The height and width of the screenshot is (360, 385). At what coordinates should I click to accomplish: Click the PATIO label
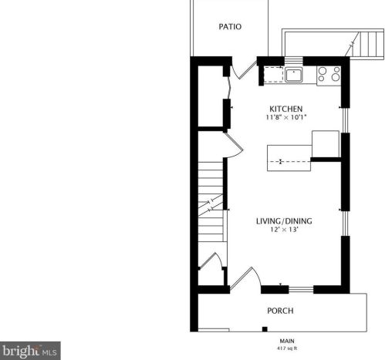click(230, 26)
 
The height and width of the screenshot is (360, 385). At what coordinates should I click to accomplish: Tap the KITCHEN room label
click(285, 108)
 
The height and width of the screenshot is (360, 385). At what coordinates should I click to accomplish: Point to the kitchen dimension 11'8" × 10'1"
click(285, 118)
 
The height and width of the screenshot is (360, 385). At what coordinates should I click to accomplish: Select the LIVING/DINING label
click(284, 221)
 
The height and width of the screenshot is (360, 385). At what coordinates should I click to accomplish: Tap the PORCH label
click(279, 311)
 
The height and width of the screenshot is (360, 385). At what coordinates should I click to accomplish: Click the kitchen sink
click(293, 74)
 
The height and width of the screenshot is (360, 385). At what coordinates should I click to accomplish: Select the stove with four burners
click(329, 74)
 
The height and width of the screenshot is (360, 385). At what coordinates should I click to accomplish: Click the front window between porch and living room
click(300, 290)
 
